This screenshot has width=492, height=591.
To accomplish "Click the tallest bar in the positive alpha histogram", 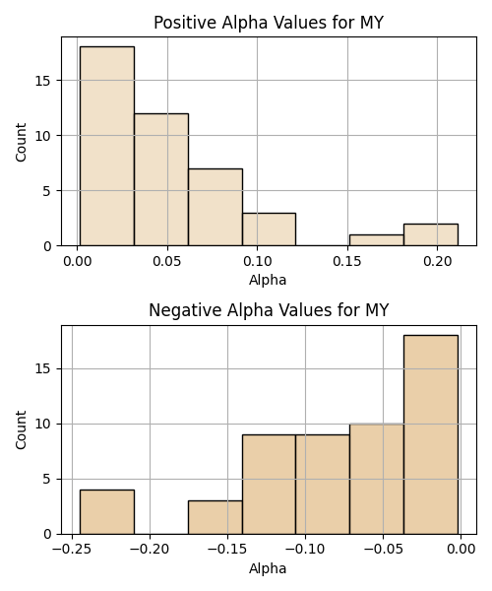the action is click(107, 146).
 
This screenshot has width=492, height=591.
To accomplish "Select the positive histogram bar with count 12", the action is click(161, 180).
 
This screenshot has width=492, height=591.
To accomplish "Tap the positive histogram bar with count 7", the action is click(215, 207).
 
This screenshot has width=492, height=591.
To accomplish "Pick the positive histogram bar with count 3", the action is click(270, 230).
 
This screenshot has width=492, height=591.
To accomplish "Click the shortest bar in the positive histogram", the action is click(377, 240).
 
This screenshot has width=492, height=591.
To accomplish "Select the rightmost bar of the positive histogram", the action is click(431, 234).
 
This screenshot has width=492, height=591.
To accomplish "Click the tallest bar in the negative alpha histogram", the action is click(431, 434).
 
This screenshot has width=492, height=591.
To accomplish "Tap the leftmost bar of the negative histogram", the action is click(107, 512).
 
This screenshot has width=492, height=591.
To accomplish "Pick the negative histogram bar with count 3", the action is click(215, 517).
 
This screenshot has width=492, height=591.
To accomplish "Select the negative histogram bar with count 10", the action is click(377, 479).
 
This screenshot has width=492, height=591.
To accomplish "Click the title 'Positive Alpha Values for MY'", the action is click(269, 23).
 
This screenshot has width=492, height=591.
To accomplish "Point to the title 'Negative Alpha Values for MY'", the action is click(269, 310).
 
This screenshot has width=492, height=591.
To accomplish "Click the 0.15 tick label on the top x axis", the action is click(347, 261).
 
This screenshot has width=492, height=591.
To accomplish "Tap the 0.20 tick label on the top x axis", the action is click(438, 261).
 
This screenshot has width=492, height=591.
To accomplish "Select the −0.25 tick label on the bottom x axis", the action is click(72, 550).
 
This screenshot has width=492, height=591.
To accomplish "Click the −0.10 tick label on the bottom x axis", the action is click(305, 550).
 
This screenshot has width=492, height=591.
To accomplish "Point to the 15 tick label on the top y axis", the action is click(42, 81).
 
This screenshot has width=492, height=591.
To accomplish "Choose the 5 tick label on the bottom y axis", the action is click(46, 480).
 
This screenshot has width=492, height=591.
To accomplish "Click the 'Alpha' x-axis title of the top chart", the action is click(268, 280).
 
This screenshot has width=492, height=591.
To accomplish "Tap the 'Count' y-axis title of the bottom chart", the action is click(21, 430).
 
